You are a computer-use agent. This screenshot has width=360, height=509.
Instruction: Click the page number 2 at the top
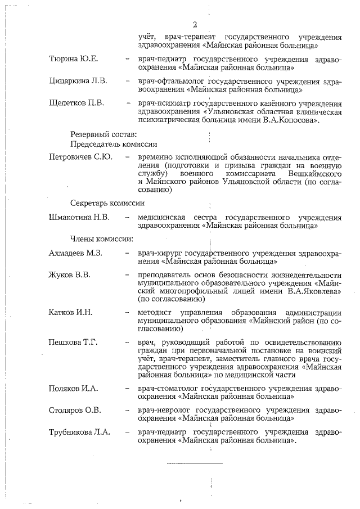(195, 24)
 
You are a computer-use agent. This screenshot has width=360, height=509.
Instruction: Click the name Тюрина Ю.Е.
(74, 59)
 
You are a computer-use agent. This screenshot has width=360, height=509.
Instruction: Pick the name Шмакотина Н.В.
(79, 217)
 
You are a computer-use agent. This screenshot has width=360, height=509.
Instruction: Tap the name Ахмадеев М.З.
(75, 253)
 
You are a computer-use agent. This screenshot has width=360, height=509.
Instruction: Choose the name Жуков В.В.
(70, 275)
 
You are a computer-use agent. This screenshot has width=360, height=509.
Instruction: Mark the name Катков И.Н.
(70, 312)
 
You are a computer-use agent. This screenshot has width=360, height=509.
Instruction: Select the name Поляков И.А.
(74, 388)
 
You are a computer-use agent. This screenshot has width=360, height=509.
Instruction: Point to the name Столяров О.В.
(75, 410)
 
